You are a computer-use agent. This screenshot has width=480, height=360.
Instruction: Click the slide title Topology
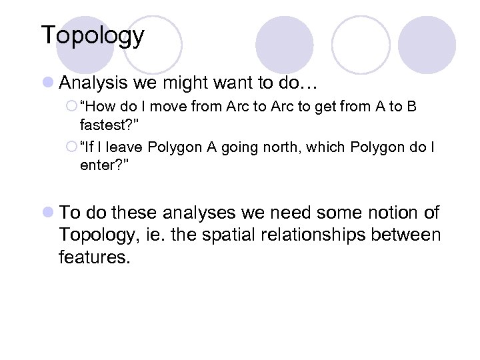[x=92, y=36]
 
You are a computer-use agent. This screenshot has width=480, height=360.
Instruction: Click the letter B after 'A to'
[x=411, y=107]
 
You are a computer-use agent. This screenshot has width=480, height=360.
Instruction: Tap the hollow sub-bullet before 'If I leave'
[x=72, y=147]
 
